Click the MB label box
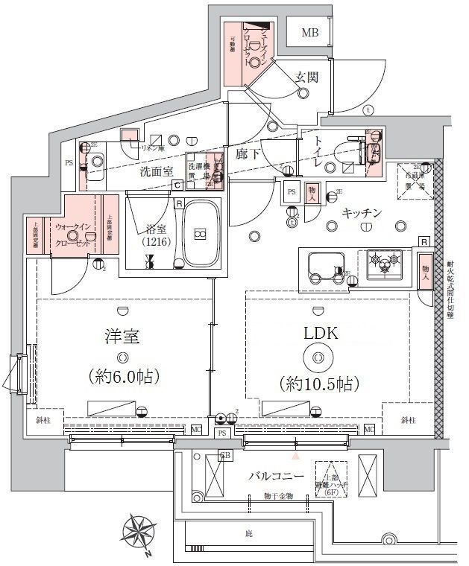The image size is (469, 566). pyautogui.click(x=309, y=33)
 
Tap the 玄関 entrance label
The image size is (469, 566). pyautogui.click(x=307, y=77)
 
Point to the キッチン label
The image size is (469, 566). pyautogui.click(x=362, y=214)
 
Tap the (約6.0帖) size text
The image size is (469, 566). pyautogui.click(x=123, y=377)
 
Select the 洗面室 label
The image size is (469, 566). pyautogui.click(x=157, y=171)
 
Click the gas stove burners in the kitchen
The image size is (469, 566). pyautogui.click(x=385, y=263)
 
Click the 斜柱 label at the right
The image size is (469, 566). pyautogui.click(x=407, y=421)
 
